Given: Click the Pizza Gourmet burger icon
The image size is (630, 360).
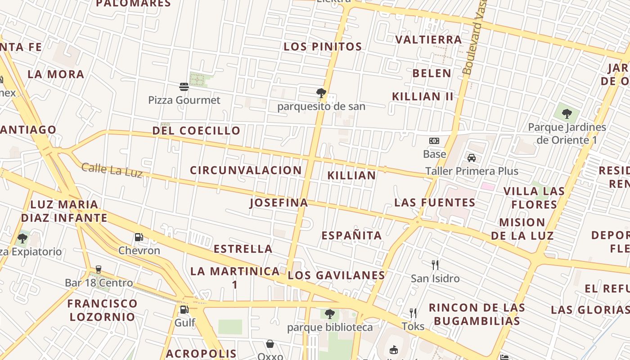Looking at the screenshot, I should pyautogui.click(x=184, y=86).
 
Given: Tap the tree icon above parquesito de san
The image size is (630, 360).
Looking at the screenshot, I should pyautogui.click(x=321, y=93).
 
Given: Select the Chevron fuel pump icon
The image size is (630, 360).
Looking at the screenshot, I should pyautogui.click(x=139, y=237).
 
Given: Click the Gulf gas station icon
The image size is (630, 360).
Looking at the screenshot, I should pyautogui.click(x=184, y=309).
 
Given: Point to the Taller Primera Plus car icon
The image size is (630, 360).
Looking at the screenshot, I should pyautogui.click(x=472, y=158).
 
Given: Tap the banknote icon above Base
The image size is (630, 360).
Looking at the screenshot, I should pyautogui.click(x=434, y=141).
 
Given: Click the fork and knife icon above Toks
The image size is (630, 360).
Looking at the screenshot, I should pyautogui.click(x=413, y=313).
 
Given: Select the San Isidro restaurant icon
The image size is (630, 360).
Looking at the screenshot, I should pyautogui.click(x=435, y=265).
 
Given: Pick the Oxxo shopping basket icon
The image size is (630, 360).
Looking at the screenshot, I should pyautogui.click(x=270, y=344).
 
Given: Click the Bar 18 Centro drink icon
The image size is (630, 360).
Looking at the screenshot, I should pyautogui.click(x=99, y=270).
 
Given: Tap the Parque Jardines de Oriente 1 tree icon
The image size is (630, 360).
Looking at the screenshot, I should pyautogui.click(x=567, y=113).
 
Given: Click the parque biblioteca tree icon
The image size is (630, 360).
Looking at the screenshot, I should pyautogui.click(x=330, y=314).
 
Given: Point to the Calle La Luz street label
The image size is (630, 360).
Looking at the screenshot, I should pyautogui.click(x=112, y=170).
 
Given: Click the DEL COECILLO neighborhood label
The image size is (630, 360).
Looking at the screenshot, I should pyautogui.click(x=196, y=131).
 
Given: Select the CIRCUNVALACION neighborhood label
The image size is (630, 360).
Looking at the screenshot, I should pyautogui.click(x=246, y=171).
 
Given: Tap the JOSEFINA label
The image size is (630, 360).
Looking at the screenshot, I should pyautogui.click(x=279, y=203).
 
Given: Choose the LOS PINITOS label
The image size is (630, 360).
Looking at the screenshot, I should pyautogui.click(x=323, y=47).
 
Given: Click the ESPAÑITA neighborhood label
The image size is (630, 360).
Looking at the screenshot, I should pyautogui.click(x=351, y=235).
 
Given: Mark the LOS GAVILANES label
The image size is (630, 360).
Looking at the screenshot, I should pyautogui.click(x=337, y=275).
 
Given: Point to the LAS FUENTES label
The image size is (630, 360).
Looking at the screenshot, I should pyautogui.click(x=435, y=202).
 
